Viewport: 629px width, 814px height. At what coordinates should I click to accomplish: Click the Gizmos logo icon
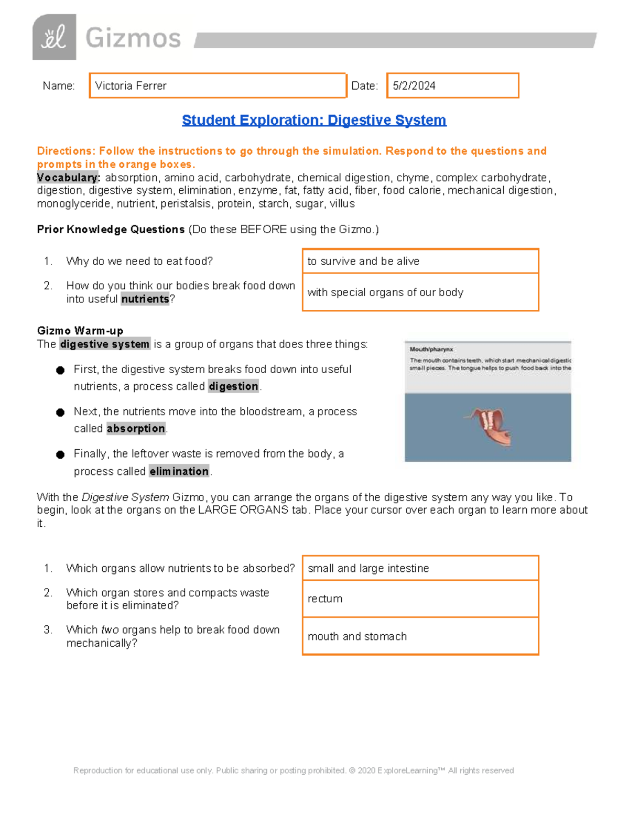(x=54, y=37)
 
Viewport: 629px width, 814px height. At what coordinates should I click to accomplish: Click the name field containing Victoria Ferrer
(x=218, y=85)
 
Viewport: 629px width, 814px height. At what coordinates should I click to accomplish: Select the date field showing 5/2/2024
(x=452, y=85)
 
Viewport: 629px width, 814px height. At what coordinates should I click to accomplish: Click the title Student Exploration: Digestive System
(x=314, y=120)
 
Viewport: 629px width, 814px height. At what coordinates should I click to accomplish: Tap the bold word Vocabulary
(x=68, y=178)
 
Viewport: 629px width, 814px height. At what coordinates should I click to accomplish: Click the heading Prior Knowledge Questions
(x=111, y=230)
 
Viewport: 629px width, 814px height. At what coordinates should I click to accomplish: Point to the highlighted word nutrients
(x=145, y=299)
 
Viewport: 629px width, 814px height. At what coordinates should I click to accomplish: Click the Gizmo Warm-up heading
(x=80, y=331)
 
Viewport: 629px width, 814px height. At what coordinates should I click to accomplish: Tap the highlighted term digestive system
(x=105, y=344)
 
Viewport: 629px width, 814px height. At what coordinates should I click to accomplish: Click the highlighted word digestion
(x=233, y=386)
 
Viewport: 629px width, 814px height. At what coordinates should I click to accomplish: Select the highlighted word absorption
(x=136, y=429)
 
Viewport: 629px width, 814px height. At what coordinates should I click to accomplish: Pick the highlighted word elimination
(x=179, y=471)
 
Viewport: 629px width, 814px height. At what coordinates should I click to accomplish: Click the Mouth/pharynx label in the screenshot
(x=431, y=349)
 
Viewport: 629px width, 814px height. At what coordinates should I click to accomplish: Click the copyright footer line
(x=294, y=770)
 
